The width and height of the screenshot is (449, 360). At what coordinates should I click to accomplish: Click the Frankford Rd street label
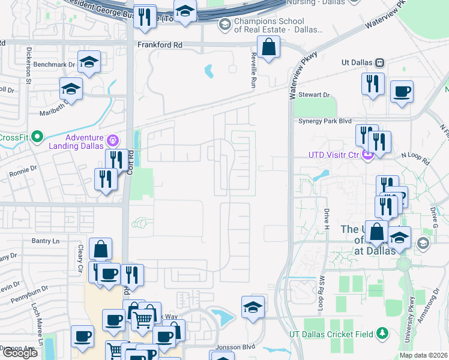tap(159, 44)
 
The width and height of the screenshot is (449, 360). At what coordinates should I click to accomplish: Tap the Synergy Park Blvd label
tap(325, 121)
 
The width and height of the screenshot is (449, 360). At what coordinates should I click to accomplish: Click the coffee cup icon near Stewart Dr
tap(402, 92)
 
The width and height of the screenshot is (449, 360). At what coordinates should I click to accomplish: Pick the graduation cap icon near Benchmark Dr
tap(89, 62)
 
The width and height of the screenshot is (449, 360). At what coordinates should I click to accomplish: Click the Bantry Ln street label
tap(46, 241)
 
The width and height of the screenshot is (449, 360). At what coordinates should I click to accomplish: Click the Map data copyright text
tap(423, 355)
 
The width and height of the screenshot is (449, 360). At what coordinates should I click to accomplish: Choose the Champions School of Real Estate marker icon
tap(224, 25)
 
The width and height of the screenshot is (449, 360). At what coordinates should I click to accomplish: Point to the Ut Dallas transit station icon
tap(379, 63)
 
